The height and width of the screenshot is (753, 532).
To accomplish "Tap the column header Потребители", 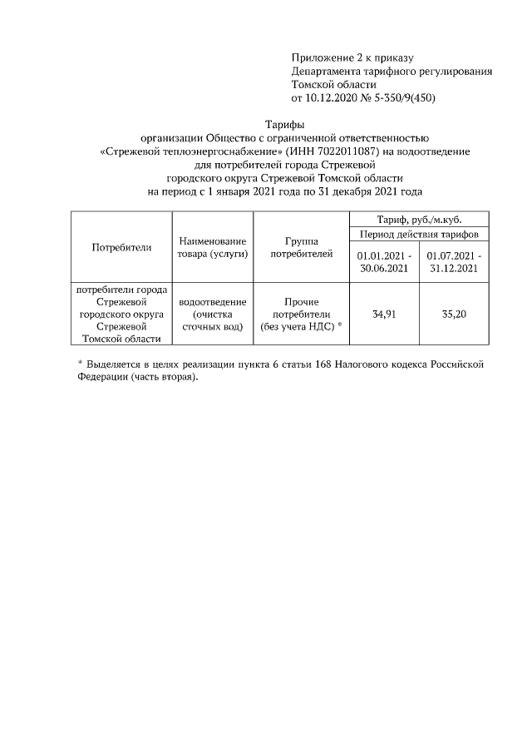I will (x=121, y=247).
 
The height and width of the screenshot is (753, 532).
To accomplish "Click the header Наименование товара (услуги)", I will (x=212, y=247).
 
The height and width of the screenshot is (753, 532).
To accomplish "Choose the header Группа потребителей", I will (x=302, y=247).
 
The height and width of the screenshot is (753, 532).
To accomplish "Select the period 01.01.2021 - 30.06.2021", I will (x=383, y=262).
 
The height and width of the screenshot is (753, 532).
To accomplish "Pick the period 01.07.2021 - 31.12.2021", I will (x=454, y=262).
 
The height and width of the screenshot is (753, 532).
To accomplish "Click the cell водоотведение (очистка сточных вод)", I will (x=212, y=315).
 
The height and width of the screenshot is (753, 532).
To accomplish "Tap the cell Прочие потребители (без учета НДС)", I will (x=302, y=315).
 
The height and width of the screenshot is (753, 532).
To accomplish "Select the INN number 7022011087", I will (x=349, y=151).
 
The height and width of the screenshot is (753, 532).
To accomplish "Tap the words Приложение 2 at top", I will (x=323, y=57).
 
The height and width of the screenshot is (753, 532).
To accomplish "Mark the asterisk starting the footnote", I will (x=80, y=364).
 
